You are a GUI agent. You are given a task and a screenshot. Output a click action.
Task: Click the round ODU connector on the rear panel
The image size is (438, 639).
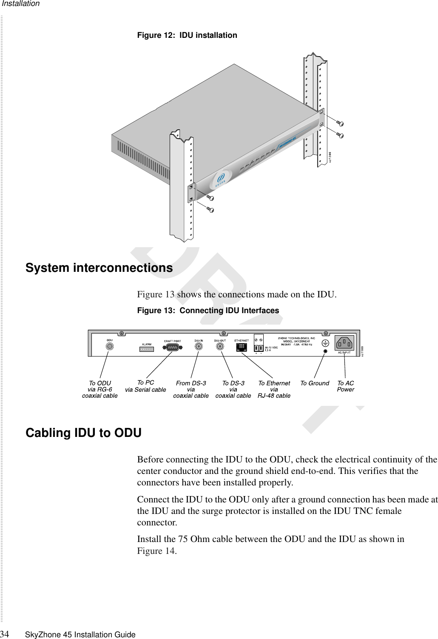110,347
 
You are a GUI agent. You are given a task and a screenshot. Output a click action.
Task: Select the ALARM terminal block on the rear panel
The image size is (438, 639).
147,349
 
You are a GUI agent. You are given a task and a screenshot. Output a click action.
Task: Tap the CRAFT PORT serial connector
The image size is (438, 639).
173,347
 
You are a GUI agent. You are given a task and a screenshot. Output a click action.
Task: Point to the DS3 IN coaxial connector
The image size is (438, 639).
199,347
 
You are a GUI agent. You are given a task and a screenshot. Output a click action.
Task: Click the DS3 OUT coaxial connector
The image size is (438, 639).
220,347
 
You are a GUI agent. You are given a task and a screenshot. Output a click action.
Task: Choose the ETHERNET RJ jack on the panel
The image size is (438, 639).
242,347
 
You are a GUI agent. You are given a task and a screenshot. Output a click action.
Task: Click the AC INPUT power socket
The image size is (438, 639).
344,342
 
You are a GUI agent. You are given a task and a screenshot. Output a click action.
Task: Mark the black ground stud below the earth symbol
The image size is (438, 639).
325,351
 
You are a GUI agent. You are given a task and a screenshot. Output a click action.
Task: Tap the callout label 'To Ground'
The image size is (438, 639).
315,383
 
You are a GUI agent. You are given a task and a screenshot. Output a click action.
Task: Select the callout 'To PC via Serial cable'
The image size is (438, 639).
145,386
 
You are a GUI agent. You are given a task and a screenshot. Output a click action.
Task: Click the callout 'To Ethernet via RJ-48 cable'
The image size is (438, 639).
274,389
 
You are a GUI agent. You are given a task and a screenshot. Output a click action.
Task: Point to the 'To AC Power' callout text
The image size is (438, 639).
345,386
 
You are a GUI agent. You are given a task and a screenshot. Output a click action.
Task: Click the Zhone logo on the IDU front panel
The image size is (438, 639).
221,179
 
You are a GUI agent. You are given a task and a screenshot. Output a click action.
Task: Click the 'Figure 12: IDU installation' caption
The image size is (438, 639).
187,35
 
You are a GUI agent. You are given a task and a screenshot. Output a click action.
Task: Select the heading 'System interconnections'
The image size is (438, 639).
99,268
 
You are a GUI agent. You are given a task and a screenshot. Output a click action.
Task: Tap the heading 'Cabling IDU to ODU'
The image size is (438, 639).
83,433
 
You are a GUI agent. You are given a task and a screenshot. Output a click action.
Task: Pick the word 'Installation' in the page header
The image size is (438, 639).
20,4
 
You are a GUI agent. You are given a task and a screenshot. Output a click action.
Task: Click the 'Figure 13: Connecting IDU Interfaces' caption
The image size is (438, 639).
208,311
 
